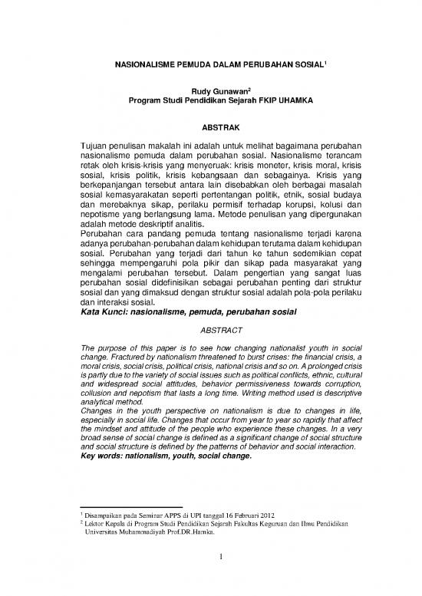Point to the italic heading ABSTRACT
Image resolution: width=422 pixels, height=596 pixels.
(x=210, y=331)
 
